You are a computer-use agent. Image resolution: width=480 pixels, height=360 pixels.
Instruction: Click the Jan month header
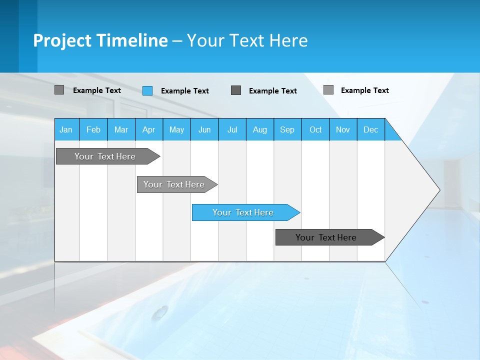tap(66, 129)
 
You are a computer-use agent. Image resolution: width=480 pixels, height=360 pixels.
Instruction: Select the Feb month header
tap(93, 129)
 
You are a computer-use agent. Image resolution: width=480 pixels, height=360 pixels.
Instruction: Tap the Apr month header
tap(149, 129)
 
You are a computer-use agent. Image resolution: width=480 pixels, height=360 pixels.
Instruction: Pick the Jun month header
tap(204, 129)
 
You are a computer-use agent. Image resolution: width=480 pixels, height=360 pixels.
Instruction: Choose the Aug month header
tap(260, 129)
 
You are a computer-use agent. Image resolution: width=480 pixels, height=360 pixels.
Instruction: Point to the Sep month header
tap(287, 129)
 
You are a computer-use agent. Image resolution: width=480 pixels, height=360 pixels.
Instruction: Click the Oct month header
tap(315, 129)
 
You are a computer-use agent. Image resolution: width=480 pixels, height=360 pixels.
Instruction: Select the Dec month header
tap(371, 129)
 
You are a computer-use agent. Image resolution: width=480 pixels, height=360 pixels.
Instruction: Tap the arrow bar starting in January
tap(105, 156)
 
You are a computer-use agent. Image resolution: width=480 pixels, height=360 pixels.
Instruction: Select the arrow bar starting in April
tap(174, 184)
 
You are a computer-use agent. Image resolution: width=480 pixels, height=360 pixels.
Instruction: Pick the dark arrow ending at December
tap(326, 237)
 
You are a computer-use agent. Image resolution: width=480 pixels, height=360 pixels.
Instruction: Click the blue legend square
tap(147, 90)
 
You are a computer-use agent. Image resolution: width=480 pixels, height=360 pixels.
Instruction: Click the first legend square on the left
tap(59, 90)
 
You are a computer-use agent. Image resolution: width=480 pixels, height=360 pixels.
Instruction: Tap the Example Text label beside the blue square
tap(185, 91)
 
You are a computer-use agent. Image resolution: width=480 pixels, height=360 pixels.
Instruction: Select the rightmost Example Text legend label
tap(364, 90)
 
